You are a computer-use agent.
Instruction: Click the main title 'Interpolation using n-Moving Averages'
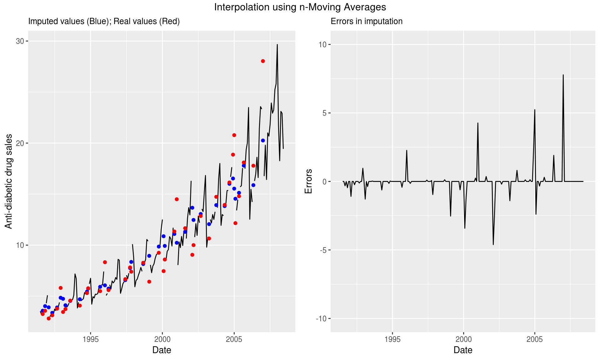300,7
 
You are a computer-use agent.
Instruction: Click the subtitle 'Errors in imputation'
366,21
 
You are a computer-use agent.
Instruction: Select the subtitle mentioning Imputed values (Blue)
104,21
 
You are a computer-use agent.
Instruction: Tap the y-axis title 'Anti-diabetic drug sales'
9,181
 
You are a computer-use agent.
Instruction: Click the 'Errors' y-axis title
308,181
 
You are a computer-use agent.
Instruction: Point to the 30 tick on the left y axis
20,41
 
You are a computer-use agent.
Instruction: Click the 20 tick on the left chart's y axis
20,143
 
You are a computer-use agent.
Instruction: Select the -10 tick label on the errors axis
321,318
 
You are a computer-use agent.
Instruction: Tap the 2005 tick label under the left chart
234,340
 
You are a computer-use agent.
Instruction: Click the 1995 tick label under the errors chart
392,340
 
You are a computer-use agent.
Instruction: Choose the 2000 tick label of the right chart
464,340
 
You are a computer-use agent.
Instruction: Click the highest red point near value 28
263,61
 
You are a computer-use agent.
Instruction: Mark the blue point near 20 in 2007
263,141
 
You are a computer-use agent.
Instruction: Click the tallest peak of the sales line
277,45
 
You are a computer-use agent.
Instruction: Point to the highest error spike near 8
563,75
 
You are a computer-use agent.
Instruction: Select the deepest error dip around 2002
493,244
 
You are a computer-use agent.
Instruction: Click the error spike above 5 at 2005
535,110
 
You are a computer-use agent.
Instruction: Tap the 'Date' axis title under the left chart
162,350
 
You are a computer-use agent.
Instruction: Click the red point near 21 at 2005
234,135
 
